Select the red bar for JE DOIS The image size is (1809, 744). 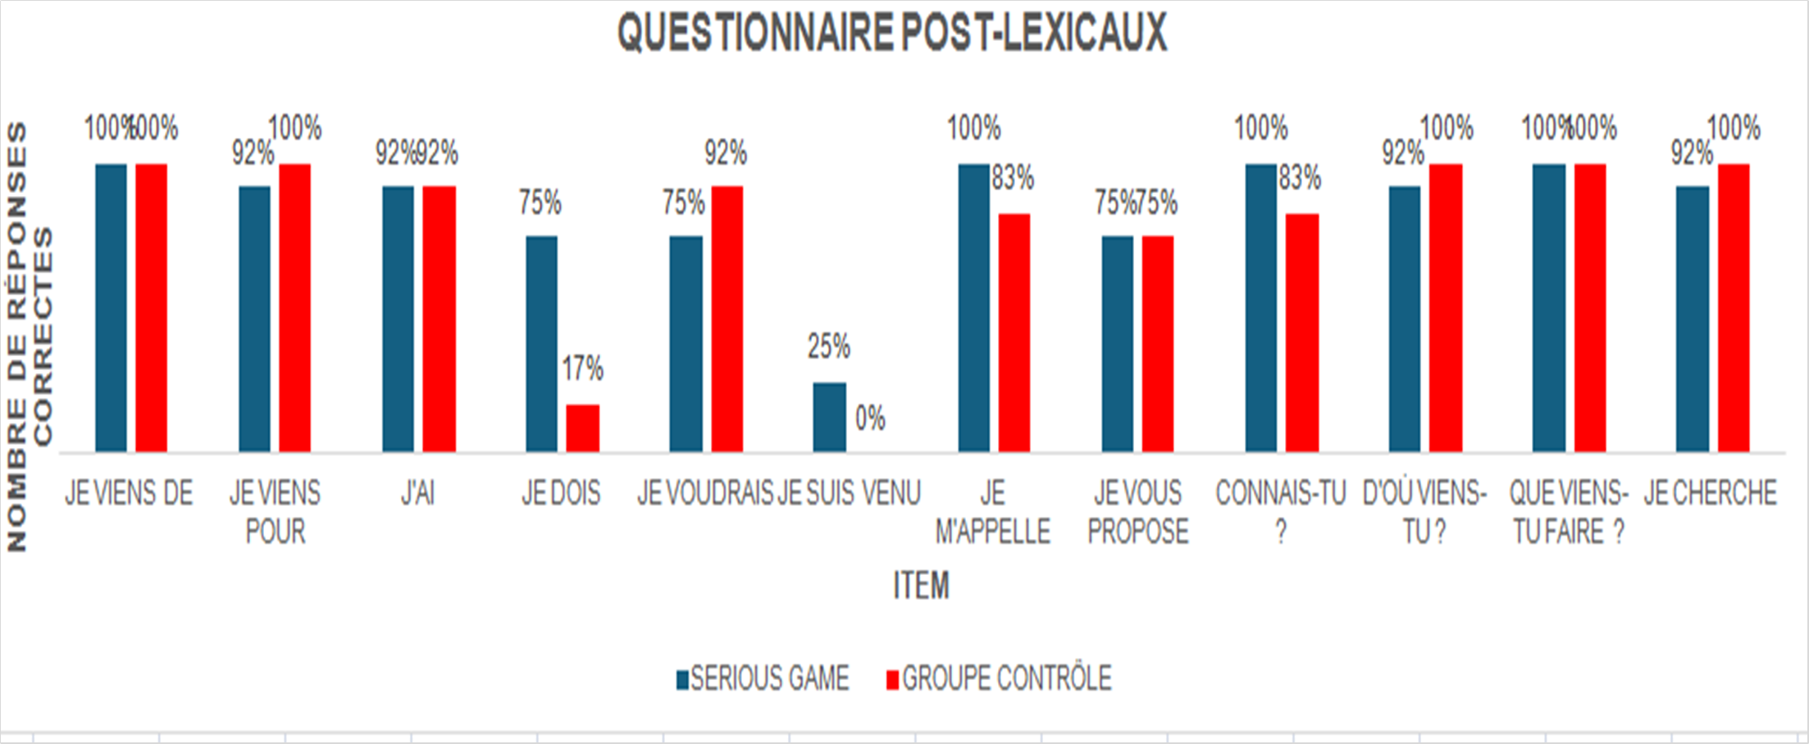pos(582,428)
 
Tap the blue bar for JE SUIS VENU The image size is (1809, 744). pos(829,417)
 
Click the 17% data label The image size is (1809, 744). pos(582,369)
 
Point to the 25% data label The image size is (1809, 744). pos(828,347)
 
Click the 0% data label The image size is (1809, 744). pos(870,419)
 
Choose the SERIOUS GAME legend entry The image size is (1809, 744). pos(763,679)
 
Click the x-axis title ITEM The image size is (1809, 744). pos(921,586)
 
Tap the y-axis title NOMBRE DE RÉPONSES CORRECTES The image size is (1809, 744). pos(30,336)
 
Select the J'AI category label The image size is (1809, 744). pos(417,494)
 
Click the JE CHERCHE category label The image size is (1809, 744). pos(1711,494)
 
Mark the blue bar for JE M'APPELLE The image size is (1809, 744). pos(973,308)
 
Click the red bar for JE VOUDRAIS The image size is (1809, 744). pos(727,318)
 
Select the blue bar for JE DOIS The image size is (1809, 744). pos(541,344)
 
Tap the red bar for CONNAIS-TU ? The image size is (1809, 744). pos(1302,332)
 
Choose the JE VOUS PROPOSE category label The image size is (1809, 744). pos(1138,512)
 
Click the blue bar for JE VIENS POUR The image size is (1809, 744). pos(254,318)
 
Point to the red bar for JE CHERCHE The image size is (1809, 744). pos(1734,308)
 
